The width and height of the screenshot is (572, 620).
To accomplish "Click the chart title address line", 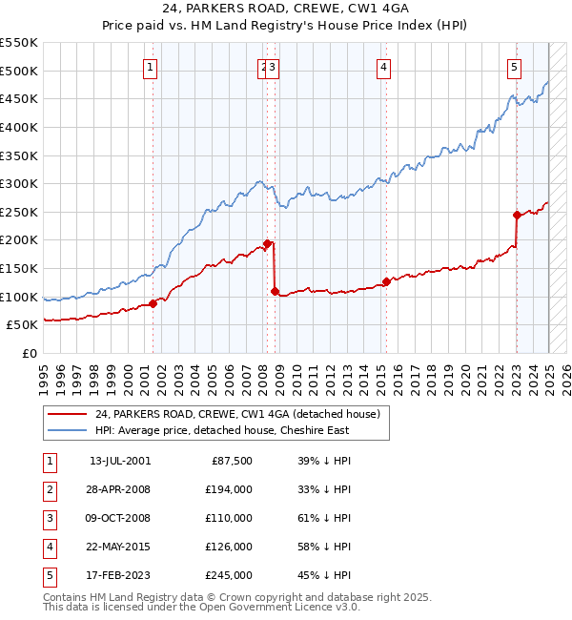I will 286,9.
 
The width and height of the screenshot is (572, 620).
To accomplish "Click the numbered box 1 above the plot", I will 152,67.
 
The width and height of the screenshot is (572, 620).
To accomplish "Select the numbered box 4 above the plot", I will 382,67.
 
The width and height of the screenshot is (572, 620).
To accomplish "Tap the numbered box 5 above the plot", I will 514,67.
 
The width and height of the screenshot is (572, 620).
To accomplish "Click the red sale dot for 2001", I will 153,303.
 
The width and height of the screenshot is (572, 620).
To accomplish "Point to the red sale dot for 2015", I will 387,281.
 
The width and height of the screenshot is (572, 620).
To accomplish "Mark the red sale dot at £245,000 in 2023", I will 517,215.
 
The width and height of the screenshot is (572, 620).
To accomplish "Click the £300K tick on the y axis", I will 19,183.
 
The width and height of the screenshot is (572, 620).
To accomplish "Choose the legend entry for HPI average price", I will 222,430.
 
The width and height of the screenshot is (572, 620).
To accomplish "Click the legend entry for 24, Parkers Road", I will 237,414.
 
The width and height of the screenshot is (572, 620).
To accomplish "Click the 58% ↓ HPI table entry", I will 323,547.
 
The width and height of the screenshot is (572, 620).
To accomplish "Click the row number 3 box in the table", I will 49,518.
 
